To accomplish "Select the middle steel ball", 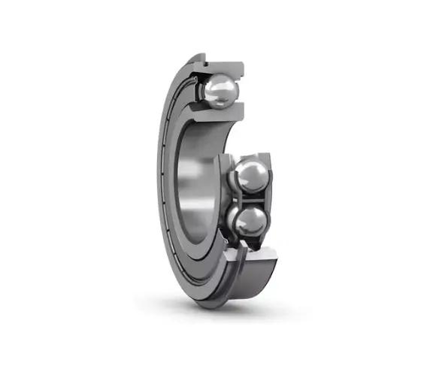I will (x=250, y=177).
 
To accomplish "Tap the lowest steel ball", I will (x=250, y=222).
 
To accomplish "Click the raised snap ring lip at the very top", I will (x=197, y=57).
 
